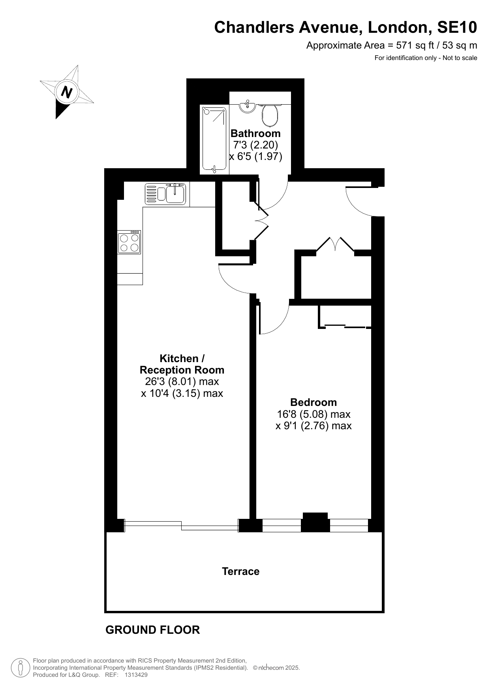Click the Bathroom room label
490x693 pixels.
pos(255,133)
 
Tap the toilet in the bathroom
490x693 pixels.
pos(270,114)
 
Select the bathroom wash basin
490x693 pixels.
pos(248,106)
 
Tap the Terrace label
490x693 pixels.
pos(240,571)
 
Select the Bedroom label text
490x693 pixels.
pos(314,402)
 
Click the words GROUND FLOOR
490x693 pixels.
pos(152,630)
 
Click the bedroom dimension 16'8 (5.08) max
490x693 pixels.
pos(314,414)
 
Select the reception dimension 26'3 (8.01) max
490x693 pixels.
pos(182,382)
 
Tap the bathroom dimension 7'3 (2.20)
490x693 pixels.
pos(255,145)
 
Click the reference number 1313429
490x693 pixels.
pos(136,675)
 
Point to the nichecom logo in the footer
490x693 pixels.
pos(270,668)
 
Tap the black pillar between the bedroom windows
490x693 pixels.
pos(315,522)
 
